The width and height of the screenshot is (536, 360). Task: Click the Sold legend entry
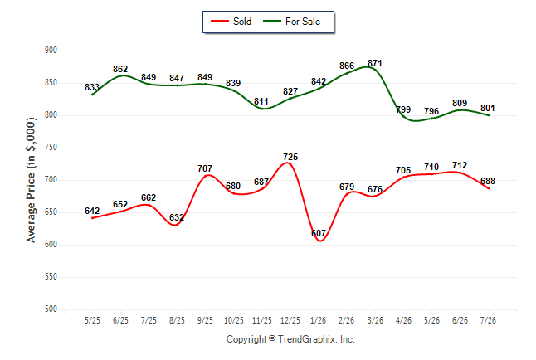click(231, 22)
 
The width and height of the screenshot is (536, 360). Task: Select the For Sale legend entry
click(291, 22)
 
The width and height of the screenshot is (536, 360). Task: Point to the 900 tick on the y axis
click(51, 51)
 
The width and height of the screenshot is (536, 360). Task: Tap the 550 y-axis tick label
click(51, 276)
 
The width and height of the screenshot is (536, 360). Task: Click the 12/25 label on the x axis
click(290, 320)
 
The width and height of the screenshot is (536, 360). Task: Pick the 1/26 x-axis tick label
click(319, 320)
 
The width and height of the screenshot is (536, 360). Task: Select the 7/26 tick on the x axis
click(488, 320)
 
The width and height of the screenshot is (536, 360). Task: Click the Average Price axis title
click(31, 180)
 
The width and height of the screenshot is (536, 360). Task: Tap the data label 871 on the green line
click(375, 63)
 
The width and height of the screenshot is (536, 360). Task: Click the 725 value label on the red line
click(290, 157)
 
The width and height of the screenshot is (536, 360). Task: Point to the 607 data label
click(319, 233)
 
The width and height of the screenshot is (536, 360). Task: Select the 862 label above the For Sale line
click(120, 69)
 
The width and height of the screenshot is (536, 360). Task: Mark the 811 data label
click(261, 101)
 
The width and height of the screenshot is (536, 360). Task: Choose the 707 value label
click(205, 168)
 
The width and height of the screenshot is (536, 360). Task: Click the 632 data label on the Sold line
click(177, 217)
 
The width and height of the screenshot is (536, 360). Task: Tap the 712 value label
click(460, 165)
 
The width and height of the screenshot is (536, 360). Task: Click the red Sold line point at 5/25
click(92, 218)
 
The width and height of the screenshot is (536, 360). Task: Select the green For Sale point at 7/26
click(488, 115)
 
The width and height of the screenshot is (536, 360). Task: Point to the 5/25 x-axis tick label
click(92, 320)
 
